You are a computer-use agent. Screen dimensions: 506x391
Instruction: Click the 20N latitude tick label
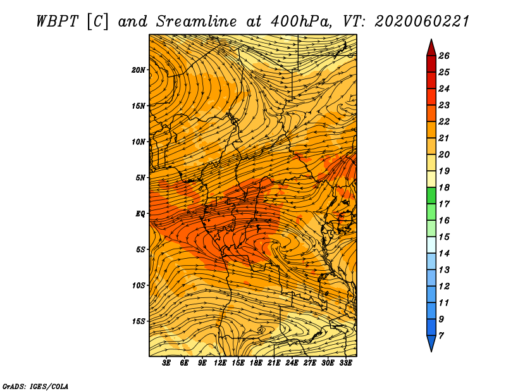pos(138,70)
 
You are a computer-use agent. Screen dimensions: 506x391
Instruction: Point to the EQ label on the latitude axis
pos(140,214)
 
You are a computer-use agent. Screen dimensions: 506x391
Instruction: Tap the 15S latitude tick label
pos(138,321)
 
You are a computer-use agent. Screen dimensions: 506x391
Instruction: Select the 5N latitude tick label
pos(140,178)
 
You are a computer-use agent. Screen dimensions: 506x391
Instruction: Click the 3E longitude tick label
pos(166,363)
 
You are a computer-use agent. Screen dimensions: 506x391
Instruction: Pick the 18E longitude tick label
pos(256,363)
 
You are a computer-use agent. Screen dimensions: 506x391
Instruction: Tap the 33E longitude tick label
pos(345,363)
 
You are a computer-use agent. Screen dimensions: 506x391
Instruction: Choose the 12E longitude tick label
pos(220,363)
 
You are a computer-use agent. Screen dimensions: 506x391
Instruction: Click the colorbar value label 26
pos(444,56)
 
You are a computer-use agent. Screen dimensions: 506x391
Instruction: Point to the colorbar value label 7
pos(441,336)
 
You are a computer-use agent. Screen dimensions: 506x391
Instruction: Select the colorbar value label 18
pos(444,187)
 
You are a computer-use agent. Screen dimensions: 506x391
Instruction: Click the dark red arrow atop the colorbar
pos(431,48)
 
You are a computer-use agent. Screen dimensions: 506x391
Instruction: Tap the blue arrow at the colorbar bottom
pos(431,343)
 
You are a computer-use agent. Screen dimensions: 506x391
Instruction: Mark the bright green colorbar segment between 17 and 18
pos(431,195)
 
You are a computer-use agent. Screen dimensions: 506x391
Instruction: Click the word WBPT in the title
pos(58,22)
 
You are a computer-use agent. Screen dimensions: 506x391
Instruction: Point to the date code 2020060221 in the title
pos(422,22)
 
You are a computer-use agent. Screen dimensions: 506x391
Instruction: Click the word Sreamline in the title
pos(197,22)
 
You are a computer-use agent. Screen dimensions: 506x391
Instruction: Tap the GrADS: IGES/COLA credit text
pos(35,386)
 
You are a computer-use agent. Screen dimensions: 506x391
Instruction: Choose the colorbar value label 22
pos(444,121)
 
